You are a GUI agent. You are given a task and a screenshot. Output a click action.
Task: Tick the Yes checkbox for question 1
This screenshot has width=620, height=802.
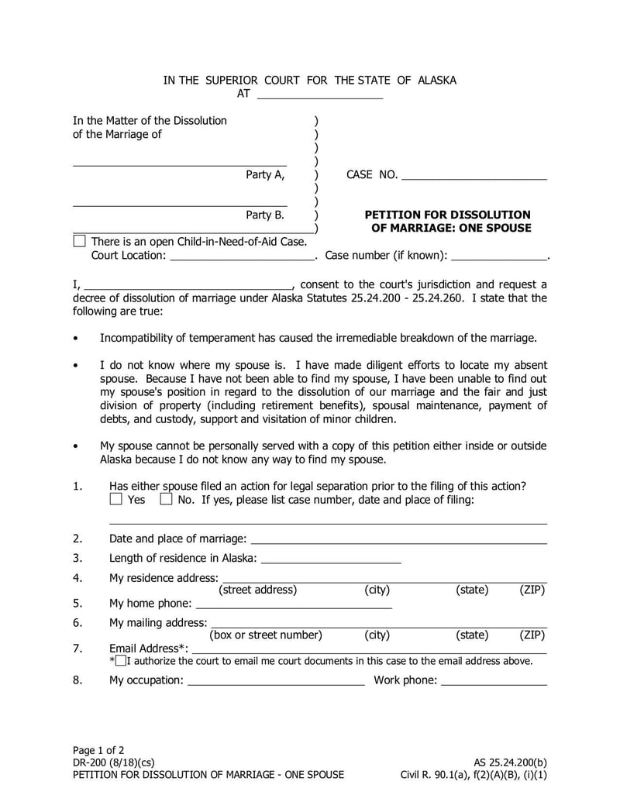click(115, 499)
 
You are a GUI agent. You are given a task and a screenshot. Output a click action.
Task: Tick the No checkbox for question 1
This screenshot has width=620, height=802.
click(166, 499)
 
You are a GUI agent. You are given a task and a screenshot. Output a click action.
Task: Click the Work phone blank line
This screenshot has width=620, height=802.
click(494, 682)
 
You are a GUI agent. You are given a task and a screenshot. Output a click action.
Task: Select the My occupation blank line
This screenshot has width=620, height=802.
click(276, 682)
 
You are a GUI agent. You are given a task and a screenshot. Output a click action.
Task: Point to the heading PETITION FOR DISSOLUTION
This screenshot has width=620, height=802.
click(447, 215)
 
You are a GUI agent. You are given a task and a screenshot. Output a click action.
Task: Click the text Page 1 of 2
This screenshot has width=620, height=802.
click(98, 750)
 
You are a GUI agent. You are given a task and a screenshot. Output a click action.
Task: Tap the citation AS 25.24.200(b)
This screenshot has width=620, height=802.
click(510, 762)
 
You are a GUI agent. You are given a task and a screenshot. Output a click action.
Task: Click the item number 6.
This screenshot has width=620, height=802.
click(77, 622)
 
